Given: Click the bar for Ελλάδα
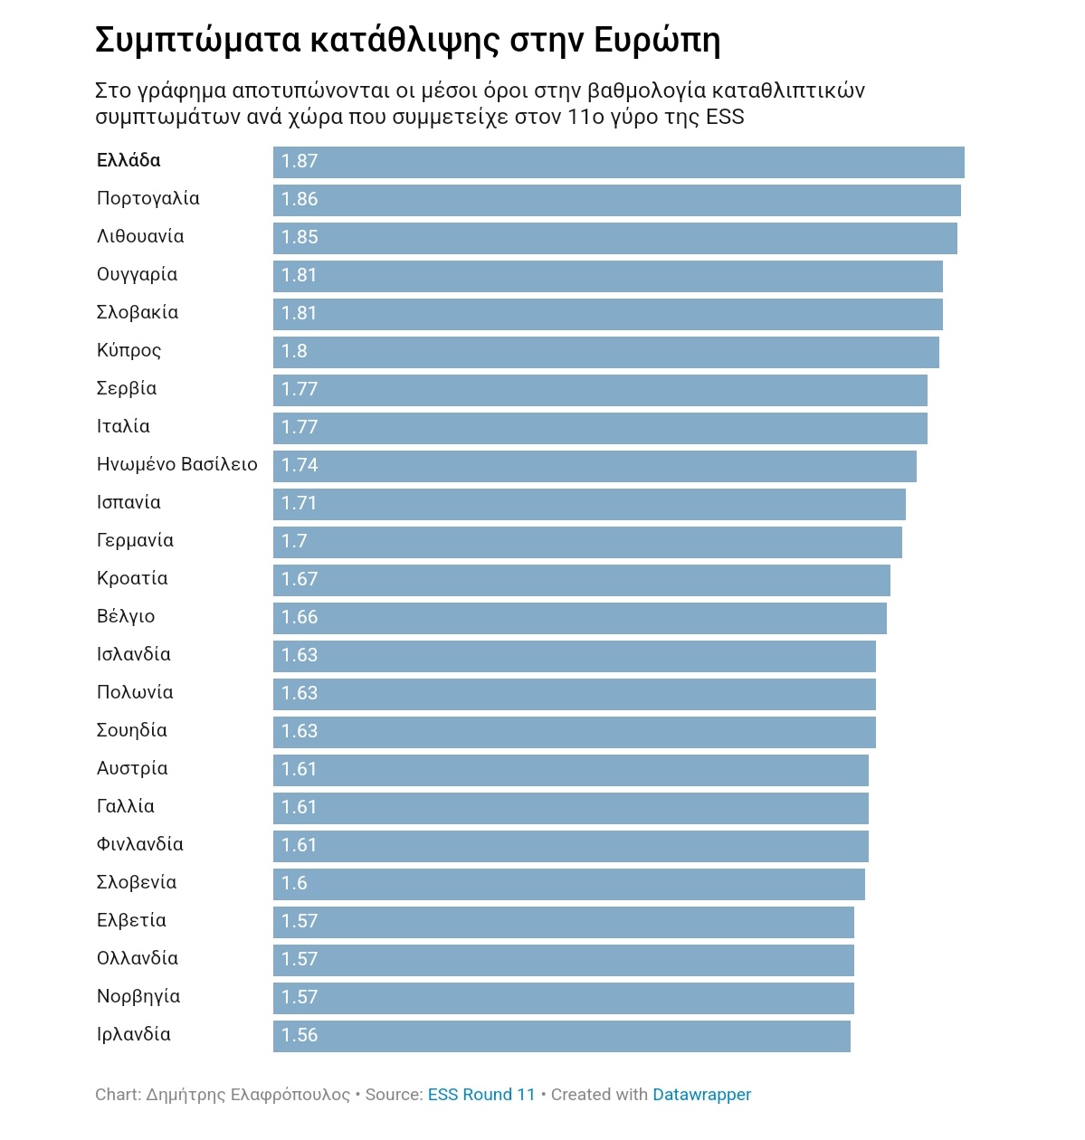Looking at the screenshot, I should click(618, 162).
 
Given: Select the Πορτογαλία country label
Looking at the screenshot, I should click(148, 199).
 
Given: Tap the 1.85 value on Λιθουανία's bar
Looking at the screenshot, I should click(300, 238).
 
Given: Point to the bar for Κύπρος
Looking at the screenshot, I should click(605, 352).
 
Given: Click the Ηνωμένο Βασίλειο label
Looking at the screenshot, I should click(177, 465).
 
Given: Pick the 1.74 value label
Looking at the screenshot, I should click(300, 466).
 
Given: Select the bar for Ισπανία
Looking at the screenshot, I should click(589, 504).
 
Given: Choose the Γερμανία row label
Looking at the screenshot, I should click(135, 541).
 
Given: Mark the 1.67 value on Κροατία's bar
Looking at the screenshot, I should click(300, 580).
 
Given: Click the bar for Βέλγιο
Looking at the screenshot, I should click(579, 618).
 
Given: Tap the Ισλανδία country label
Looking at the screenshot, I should click(134, 655).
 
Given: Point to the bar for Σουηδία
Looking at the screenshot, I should click(574, 732).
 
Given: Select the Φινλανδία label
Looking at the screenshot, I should click(140, 845).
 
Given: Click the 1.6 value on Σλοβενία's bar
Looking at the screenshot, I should click(294, 884).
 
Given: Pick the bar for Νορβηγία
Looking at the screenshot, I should click(563, 998).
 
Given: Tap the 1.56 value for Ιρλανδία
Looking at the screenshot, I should click(300, 1036).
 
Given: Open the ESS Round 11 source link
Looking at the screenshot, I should click(481, 1095).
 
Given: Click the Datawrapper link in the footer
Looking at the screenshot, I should click(701, 1095).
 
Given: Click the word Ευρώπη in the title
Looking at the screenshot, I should click(657, 41).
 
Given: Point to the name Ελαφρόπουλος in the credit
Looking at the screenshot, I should click(290, 1095).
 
